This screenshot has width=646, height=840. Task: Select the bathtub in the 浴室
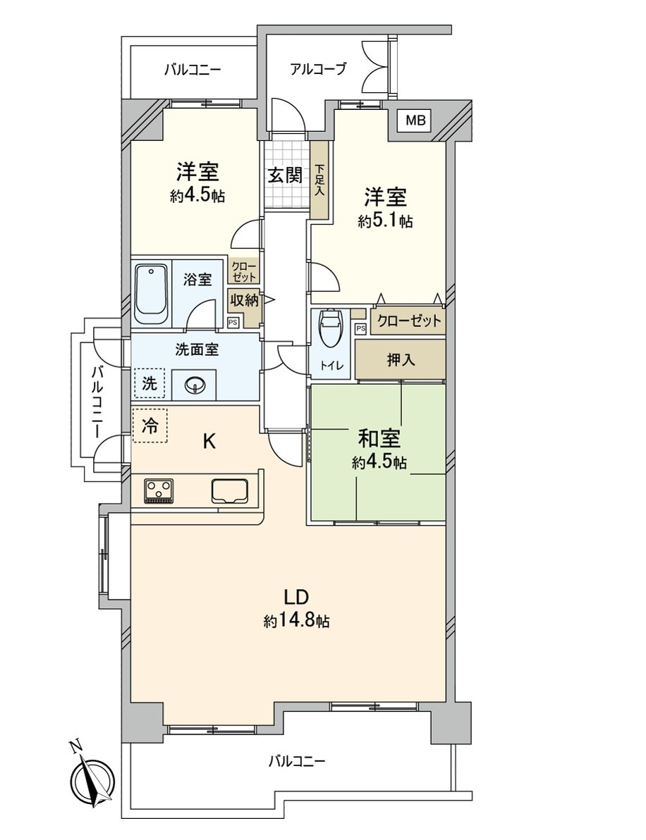pyautogui.click(x=151, y=295)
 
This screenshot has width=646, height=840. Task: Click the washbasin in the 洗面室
pyautogui.click(x=194, y=385)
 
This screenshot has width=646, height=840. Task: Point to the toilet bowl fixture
pyautogui.click(x=330, y=330)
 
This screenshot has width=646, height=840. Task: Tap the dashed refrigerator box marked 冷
pyautogui.click(x=150, y=426)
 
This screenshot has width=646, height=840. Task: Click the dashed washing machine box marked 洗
pyautogui.click(x=150, y=384)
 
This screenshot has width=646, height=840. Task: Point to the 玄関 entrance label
pyautogui.click(x=284, y=175)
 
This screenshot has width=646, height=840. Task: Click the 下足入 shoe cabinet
pyautogui.click(x=319, y=180)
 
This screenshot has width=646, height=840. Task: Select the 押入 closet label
pyautogui.click(x=401, y=359)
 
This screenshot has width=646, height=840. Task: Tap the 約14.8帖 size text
pyautogui.click(x=297, y=621)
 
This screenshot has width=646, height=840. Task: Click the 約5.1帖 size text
pyautogui.click(x=385, y=221)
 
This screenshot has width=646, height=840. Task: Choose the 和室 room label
pyautogui.click(x=379, y=439)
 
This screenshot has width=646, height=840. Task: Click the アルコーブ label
pyautogui.click(x=318, y=69)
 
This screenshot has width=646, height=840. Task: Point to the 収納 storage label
pyautogui.click(x=244, y=299)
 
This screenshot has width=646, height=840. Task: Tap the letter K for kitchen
pyautogui.click(x=209, y=442)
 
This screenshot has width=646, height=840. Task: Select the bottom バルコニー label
pyautogui.click(x=296, y=762)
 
